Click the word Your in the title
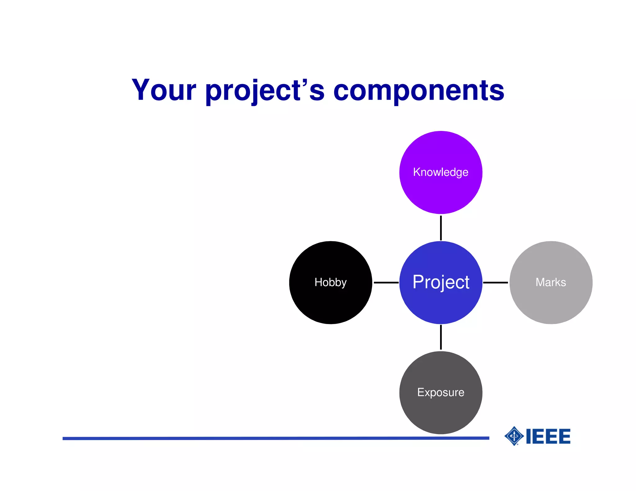tap(164, 90)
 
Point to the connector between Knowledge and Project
tap(441, 228)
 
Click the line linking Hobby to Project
tap(386, 282)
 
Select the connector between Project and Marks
tap(495, 282)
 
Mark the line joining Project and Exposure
tap(441, 337)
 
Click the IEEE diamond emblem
tap(514, 436)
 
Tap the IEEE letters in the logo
tap(548, 436)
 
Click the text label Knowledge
tap(441, 172)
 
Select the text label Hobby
tap(330, 282)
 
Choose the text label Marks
tap(551, 282)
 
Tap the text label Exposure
tap(441, 392)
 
